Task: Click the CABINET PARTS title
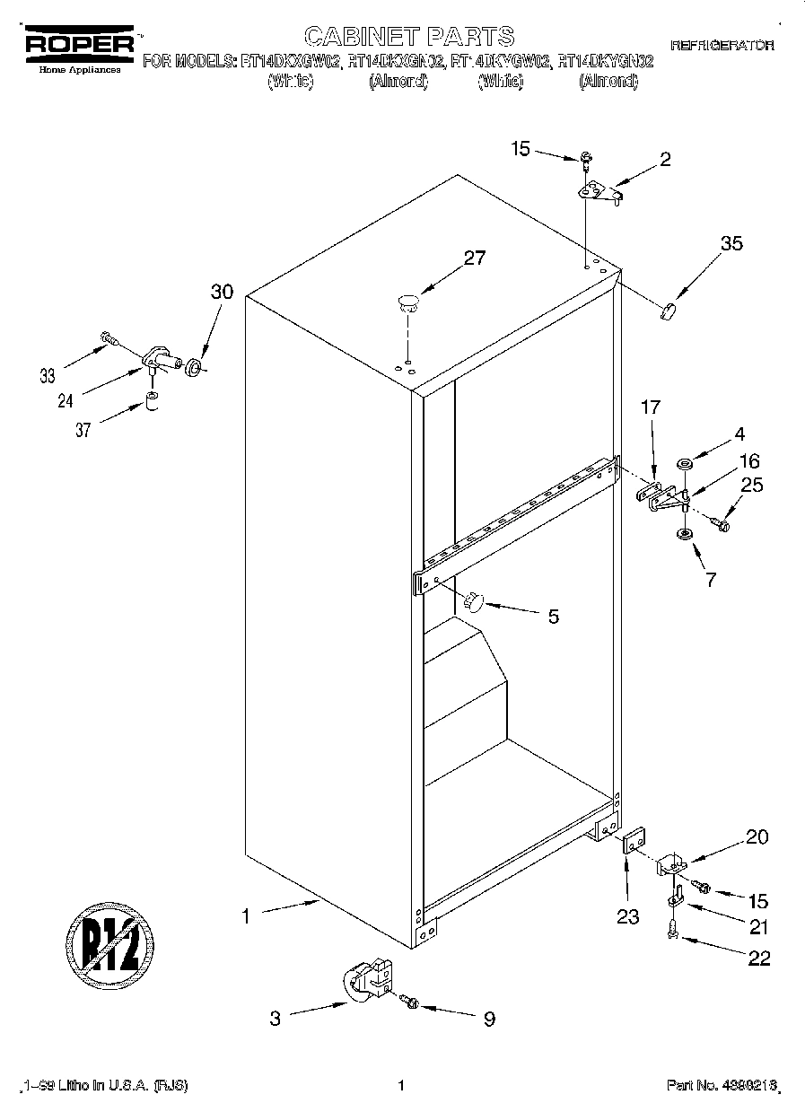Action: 408,36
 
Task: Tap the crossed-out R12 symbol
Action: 109,944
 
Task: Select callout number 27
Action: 474,258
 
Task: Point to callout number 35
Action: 731,243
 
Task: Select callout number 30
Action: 222,292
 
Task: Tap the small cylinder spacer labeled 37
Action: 152,399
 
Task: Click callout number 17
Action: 650,407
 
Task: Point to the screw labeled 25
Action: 720,521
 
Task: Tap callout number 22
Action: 758,959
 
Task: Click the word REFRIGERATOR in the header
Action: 722,45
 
